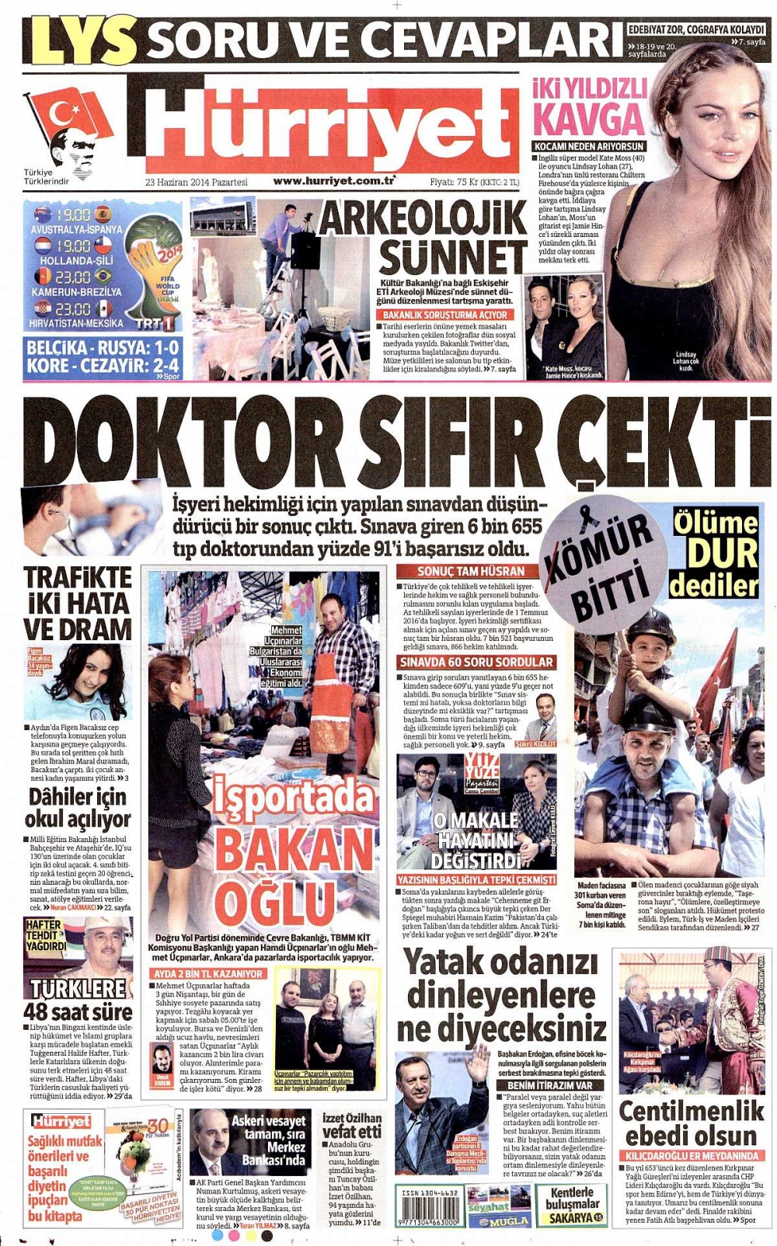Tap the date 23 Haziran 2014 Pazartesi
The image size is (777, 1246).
[x=196, y=183]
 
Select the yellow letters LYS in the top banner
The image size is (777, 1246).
[x=81, y=41]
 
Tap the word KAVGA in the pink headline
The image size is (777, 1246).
[x=588, y=119]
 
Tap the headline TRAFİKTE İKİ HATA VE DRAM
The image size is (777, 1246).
[x=77, y=603]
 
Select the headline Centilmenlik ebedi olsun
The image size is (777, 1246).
[x=691, y=1123]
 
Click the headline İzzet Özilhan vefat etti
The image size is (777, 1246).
[x=352, y=1125]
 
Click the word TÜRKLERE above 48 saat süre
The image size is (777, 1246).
[x=78, y=988]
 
